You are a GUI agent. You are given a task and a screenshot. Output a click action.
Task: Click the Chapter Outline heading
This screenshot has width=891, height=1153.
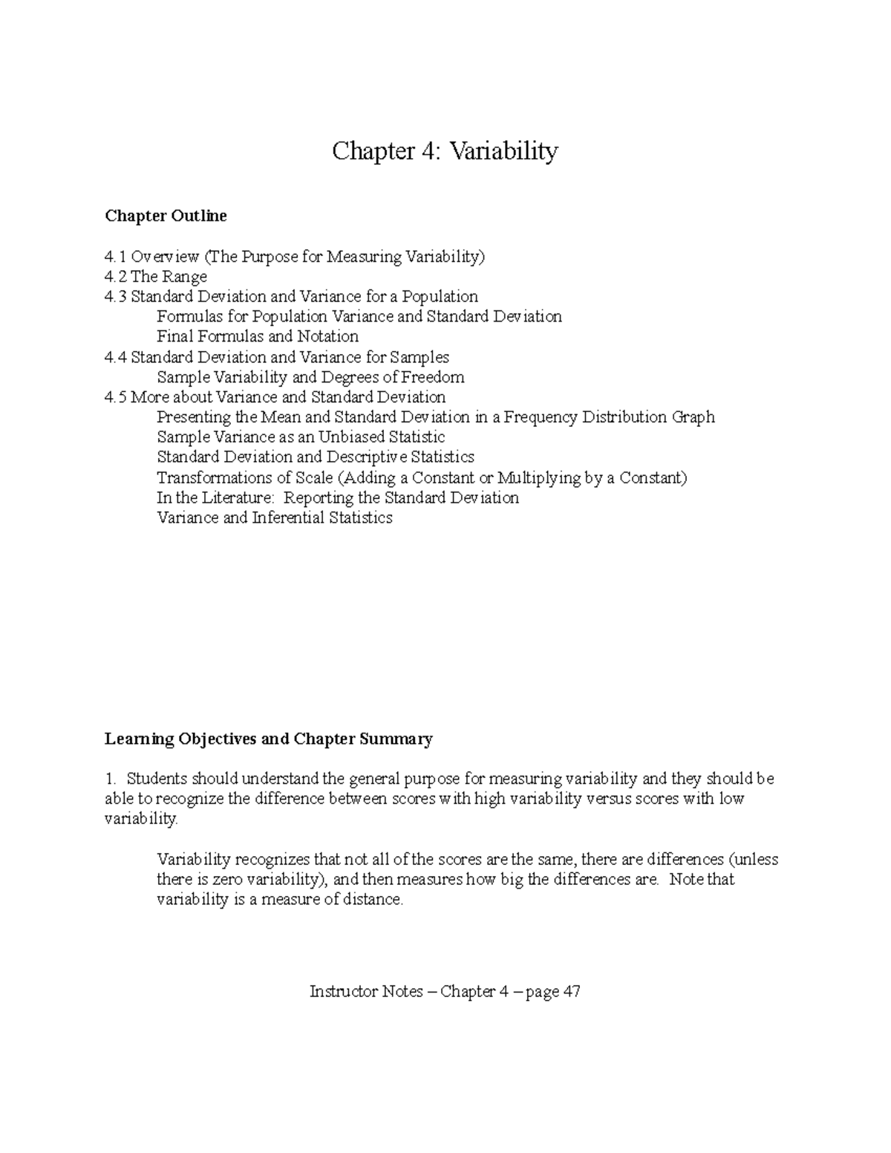(x=166, y=216)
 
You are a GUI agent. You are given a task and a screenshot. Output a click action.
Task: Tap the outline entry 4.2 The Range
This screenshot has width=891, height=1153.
(x=156, y=277)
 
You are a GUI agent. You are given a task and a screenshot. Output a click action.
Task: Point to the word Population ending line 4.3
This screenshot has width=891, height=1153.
(x=441, y=297)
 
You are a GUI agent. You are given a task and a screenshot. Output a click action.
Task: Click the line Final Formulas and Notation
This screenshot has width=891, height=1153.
(x=258, y=336)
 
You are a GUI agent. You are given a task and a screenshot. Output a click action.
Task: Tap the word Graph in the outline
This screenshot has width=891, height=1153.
(x=693, y=417)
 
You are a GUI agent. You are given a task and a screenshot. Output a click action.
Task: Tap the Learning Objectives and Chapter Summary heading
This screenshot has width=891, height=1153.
(x=268, y=739)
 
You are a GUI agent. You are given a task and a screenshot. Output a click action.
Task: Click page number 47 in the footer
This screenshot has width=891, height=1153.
(x=571, y=992)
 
